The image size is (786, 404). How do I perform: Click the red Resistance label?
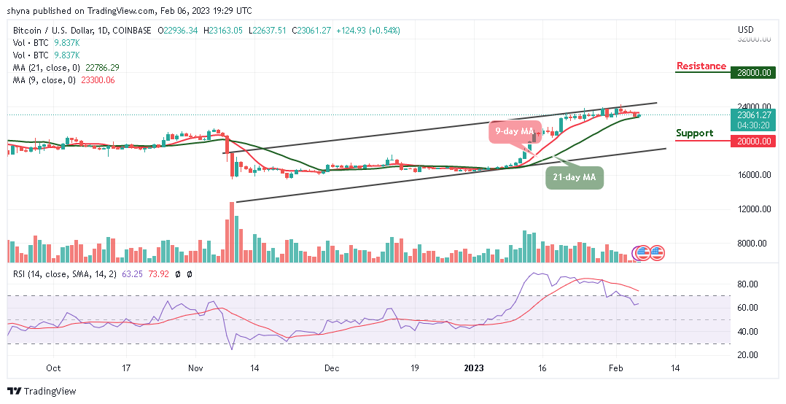701,66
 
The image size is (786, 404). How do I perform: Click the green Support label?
694,133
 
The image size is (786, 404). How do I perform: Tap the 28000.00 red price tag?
753,73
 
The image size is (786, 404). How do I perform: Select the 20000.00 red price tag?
753,141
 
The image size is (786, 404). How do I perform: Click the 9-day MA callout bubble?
510,132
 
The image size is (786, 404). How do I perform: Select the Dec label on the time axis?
332,369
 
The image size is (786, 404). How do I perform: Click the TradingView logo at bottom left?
42,392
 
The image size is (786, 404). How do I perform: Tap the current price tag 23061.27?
753,114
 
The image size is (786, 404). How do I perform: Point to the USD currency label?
745,30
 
